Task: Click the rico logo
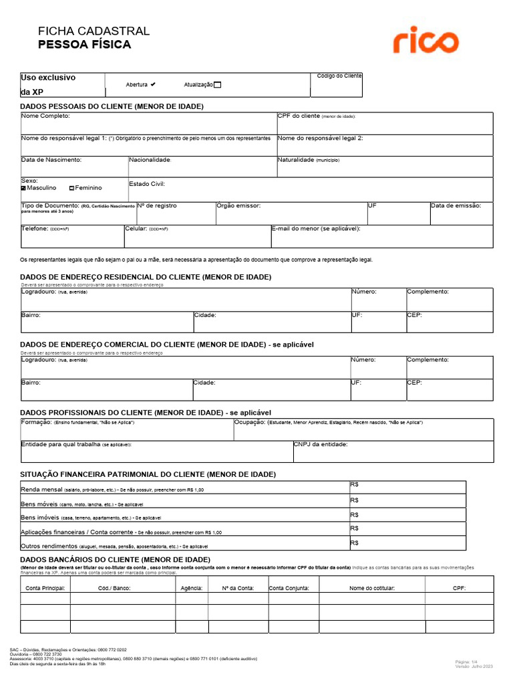[425, 41]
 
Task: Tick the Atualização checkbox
[217, 85]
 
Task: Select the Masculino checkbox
[23, 189]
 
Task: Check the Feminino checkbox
[72, 189]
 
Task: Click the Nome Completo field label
[45, 116]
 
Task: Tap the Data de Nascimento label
[51, 160]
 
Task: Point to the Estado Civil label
[146, 183]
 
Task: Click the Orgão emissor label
[238, 206]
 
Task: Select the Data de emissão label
[456, 206]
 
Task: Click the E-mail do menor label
[316, 229]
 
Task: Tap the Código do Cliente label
[339, 76]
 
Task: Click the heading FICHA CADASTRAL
[94, 31]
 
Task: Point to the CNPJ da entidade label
[321, 444]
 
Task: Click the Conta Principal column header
[45, 588]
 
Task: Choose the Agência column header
[192, 588]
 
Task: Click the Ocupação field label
[250, 423]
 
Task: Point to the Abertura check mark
[153, 85]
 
